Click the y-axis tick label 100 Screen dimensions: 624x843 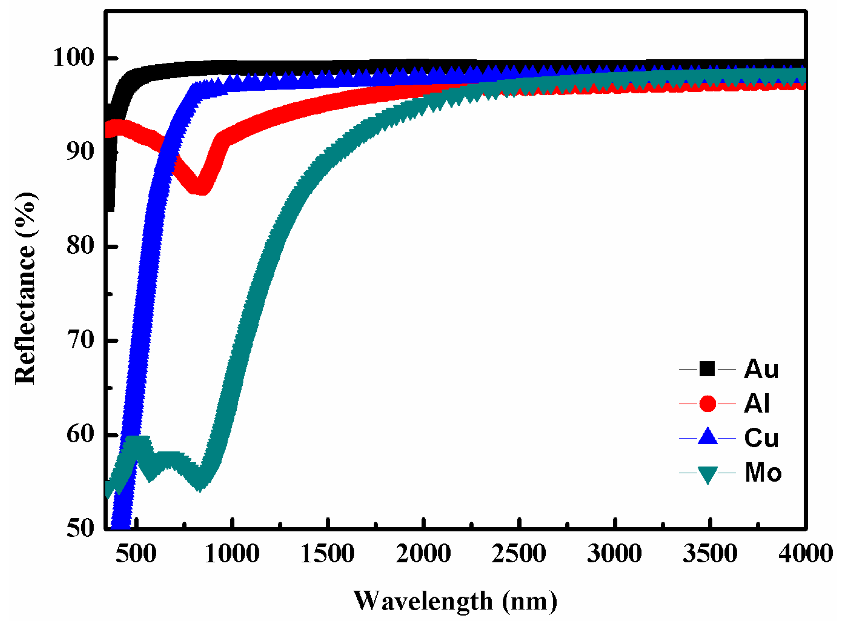click(x=73, y=58)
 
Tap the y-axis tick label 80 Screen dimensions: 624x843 click(x=81, y=246)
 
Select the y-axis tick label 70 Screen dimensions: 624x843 click(x=81, y=340)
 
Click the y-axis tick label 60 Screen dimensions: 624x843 click(x=81, y=434)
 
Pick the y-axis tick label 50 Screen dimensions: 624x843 click(x=81, y=528)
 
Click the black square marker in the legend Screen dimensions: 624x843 click(x=707, y=369)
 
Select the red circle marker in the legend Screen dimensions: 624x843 click(x=708, y=404)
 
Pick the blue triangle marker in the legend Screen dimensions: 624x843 click(x=708, y=437)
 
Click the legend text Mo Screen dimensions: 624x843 click(x=763, y=473)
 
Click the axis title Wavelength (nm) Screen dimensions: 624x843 click(x=455, y=601)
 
